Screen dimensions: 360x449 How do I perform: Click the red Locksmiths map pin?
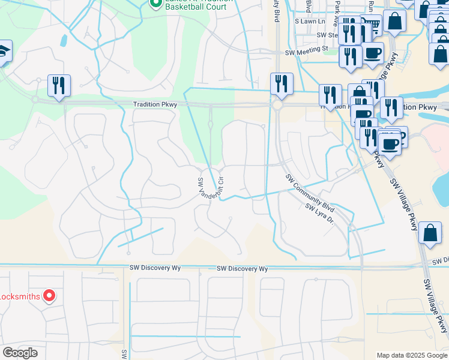pyautogui.click(x=50, y=296)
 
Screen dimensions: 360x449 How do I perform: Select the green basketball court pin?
pyautogui.click(x=155, y=4)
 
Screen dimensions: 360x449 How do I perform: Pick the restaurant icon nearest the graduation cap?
pyautogui.click(x=59, y=86)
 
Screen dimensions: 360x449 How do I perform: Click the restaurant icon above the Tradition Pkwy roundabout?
pyautogui.click(x=281, y=85)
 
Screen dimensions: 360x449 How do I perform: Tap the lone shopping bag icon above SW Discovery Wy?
pyautogui.click(x=431, y=233)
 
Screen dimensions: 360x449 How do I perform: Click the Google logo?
pyautogui.click(x=20, y=353)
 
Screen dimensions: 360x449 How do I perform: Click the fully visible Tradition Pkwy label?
pyautogui.click(x=155, y=104)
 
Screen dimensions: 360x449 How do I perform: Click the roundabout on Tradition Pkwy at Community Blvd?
pyautogui.click(x=277, y=106)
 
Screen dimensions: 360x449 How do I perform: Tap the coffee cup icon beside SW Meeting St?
pyautogui.click(x=372, y=53)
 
